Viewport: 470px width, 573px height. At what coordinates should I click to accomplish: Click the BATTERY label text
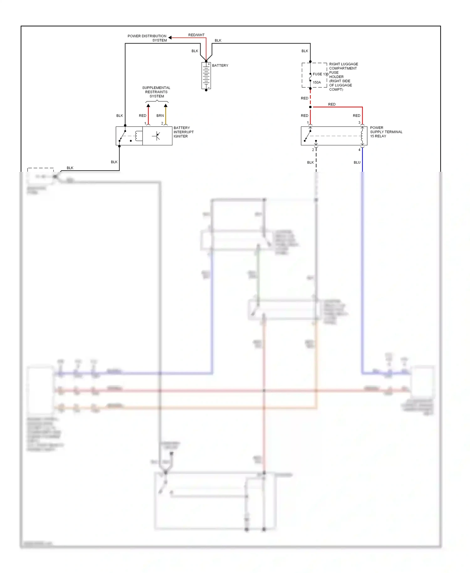coord(220,66)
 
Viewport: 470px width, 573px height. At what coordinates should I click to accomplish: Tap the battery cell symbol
coord(206,76)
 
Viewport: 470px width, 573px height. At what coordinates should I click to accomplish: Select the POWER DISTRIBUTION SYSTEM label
coord(147,38)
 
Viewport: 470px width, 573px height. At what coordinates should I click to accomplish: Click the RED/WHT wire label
coord(196,35)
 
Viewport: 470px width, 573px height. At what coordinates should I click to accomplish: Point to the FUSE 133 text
coord(320,74)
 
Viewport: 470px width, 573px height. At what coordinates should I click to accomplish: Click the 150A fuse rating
coord(317,82)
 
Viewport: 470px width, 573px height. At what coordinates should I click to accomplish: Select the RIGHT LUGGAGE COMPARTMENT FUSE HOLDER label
coord(343,77)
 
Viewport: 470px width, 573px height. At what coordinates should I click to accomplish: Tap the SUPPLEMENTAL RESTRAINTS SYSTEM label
coord(156,92)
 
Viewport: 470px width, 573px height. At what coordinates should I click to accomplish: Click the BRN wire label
coord(160,116)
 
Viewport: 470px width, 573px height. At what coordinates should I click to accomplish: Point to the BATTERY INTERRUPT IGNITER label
coord(183,132)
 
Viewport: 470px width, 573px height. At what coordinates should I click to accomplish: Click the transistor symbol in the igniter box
coord(157,136)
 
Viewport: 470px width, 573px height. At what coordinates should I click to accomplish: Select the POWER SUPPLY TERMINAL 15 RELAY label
coord(386,132)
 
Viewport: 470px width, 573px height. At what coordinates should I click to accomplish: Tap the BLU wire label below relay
coord(357,162)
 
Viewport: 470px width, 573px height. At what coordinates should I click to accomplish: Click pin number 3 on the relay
coord(359,123)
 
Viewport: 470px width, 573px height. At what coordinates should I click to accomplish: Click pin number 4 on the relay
coord(359,150)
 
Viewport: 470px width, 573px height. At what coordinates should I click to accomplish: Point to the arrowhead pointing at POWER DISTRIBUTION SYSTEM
coord(170,38)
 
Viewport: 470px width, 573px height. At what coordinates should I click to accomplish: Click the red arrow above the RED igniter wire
coord(148,106)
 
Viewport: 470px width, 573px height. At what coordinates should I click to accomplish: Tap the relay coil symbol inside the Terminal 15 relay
coord(362,136)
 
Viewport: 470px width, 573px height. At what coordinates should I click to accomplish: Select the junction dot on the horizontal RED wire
coord(310,107)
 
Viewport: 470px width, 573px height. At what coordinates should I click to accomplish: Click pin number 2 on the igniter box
coord(162,123)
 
